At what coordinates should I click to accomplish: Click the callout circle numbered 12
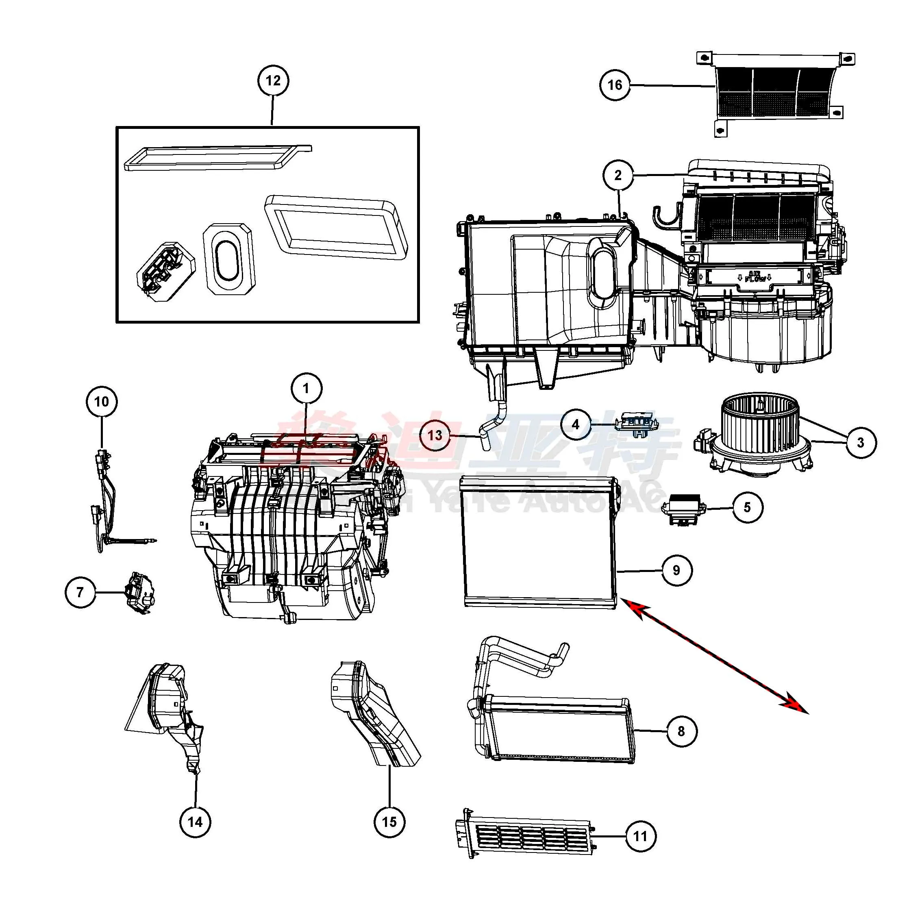click(273, 80)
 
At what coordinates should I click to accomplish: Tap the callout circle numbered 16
click(615, 85)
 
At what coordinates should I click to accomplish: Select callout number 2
click(618, 175)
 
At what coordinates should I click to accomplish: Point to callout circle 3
click(861, 442)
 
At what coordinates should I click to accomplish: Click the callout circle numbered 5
click(747, 507)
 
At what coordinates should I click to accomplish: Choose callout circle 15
click(389, 822)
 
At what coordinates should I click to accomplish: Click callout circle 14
click(195, 822)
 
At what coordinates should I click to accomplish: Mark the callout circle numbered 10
click(102, 402)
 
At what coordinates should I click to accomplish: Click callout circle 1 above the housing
click(307, 389)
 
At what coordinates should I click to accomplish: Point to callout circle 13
click(435, 435)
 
